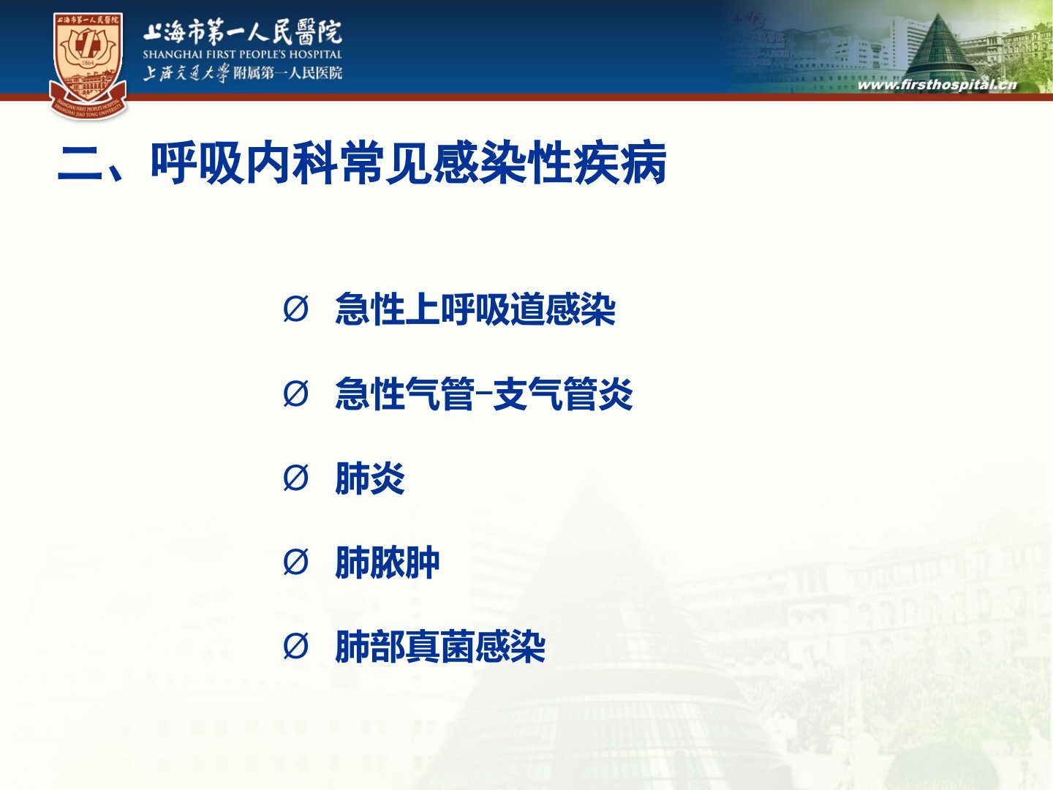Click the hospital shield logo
pyautogui.click(x=88, y=66)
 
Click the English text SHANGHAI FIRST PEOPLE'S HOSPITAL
pyautogui.click(x=242, y=54)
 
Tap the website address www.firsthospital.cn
pyautogui.click(x=937, y=86)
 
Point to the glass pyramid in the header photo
pyautogui.click(x=940, y=48)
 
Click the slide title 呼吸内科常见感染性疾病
pyautogui.click(x=409, y=163)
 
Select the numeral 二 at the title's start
pyautogui.click(x=80, y=163)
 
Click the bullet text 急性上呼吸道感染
pyautogui.click(x=475, y=309)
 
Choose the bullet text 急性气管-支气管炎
pyautogui.click(x=484, y=394)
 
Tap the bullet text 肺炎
pyautogui.click(x=370, y=478)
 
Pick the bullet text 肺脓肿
pyautogui.click(x=387, y=563)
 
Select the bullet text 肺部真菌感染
pyautogui.click(x=440, y=647)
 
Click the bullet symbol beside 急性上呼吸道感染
pyautogui.click(x=295, y=309)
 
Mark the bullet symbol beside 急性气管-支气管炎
pyautogui.click(x=295, y=394)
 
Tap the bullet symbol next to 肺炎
pyautogui.click(x=295, y=478)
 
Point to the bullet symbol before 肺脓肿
pyautogui.click(x=295, y=563)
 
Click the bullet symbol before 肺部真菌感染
pyautogui.click(x=295, y=647)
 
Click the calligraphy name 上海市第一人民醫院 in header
pyautogui.click(x=243, y=31)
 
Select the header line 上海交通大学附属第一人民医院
pyautogui.click(x=243, y=73)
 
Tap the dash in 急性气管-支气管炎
pyautogui.click(x=483, y=394)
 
